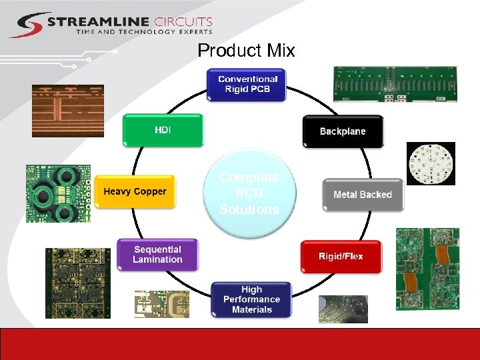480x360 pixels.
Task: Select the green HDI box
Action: tap(163, 130)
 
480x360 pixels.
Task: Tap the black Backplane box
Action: tap(343, 131)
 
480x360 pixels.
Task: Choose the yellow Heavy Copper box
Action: tap(135, 192)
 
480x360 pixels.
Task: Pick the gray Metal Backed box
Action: tap(363, 195)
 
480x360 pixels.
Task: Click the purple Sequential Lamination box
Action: tap(157, 255)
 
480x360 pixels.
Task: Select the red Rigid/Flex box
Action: tap(341, 257)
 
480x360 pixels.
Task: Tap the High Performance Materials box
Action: tap(251, 299)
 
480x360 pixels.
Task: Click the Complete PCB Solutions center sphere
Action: tap(249, 193)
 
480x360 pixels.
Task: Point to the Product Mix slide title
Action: tap(246, 51)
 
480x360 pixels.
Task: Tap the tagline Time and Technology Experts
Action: tap(144, 32)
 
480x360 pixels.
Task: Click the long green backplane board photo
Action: tap(395, 84)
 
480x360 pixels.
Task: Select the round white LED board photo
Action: tap(431, 163)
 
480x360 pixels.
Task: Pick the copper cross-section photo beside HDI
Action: tap(68, 111)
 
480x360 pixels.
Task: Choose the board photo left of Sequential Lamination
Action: tap(77, 283)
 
